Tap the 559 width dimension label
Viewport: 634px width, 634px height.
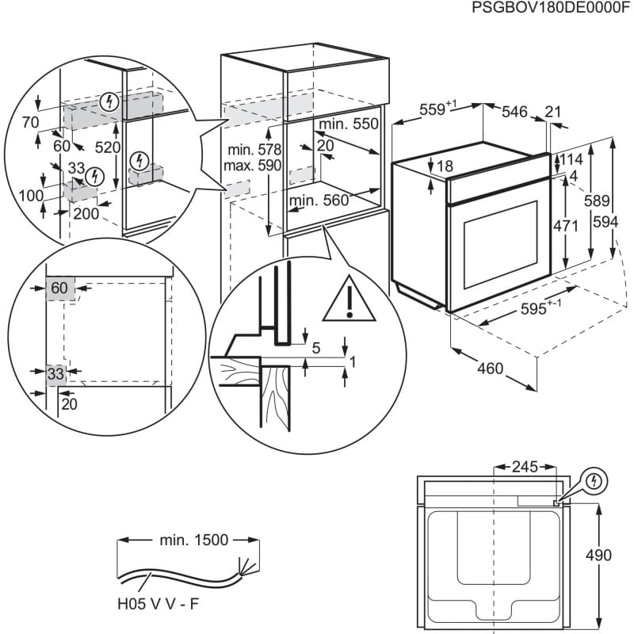pos(434,111)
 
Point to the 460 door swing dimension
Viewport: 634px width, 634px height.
pos(491,369)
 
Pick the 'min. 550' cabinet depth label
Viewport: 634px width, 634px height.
pos(349,124)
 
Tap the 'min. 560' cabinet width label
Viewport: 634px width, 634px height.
pos(319,201)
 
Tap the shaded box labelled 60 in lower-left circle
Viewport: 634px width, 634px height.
pos(60,288)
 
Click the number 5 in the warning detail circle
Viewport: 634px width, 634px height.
pos(315,346)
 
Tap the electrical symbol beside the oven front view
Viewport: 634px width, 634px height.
pos(594,480)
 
